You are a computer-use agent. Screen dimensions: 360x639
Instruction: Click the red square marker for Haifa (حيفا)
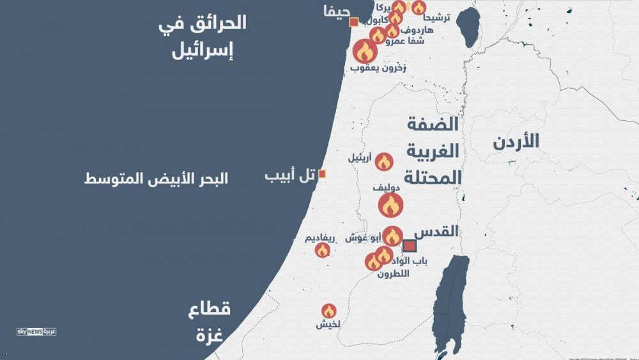[354, 23]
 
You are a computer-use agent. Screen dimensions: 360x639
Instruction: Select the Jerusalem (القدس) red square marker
[410, 246]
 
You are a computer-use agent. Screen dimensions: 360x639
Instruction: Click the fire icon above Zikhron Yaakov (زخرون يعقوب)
[365, 51]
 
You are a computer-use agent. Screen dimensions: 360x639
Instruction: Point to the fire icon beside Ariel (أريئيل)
[383, 162]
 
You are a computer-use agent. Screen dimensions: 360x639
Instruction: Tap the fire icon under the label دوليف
[390, 205]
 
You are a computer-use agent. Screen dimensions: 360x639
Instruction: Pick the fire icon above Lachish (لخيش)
[328, 311]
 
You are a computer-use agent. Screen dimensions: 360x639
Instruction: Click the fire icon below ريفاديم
[323, 250]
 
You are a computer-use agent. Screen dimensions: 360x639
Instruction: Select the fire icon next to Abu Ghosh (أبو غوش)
[392, 236]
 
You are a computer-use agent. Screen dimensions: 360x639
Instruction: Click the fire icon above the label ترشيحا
[419, 8]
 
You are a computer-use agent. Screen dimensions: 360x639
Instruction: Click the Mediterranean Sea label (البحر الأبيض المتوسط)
[156, 178]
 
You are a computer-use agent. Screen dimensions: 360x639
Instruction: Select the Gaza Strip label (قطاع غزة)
[209, 322]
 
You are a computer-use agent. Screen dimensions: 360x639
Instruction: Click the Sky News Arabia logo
[36, 331]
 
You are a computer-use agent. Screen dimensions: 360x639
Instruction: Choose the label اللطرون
[392, 274]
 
